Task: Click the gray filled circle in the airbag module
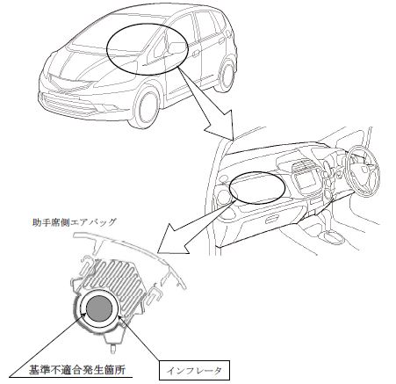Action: (x=99, y=308)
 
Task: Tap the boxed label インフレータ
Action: (x=194, y=371)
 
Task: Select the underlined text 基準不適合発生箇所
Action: (x=77, y=370)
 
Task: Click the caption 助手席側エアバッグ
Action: (x=74, y=222)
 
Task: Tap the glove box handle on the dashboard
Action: (x=271, y=220)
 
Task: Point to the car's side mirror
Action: (x=176, y=48)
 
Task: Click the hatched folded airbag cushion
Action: (x=115, y=279)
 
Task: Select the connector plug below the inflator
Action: (x=113, y=342)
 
